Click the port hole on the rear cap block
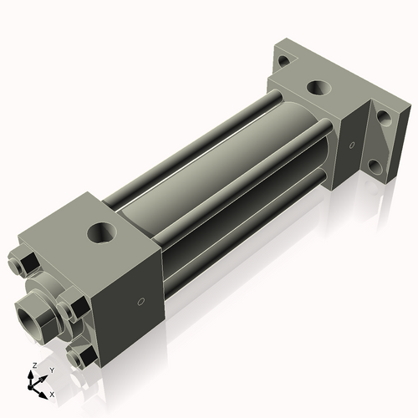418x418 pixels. click(318, 87)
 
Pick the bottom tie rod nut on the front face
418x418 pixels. click(84, 359)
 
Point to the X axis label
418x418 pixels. click(53, 392)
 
